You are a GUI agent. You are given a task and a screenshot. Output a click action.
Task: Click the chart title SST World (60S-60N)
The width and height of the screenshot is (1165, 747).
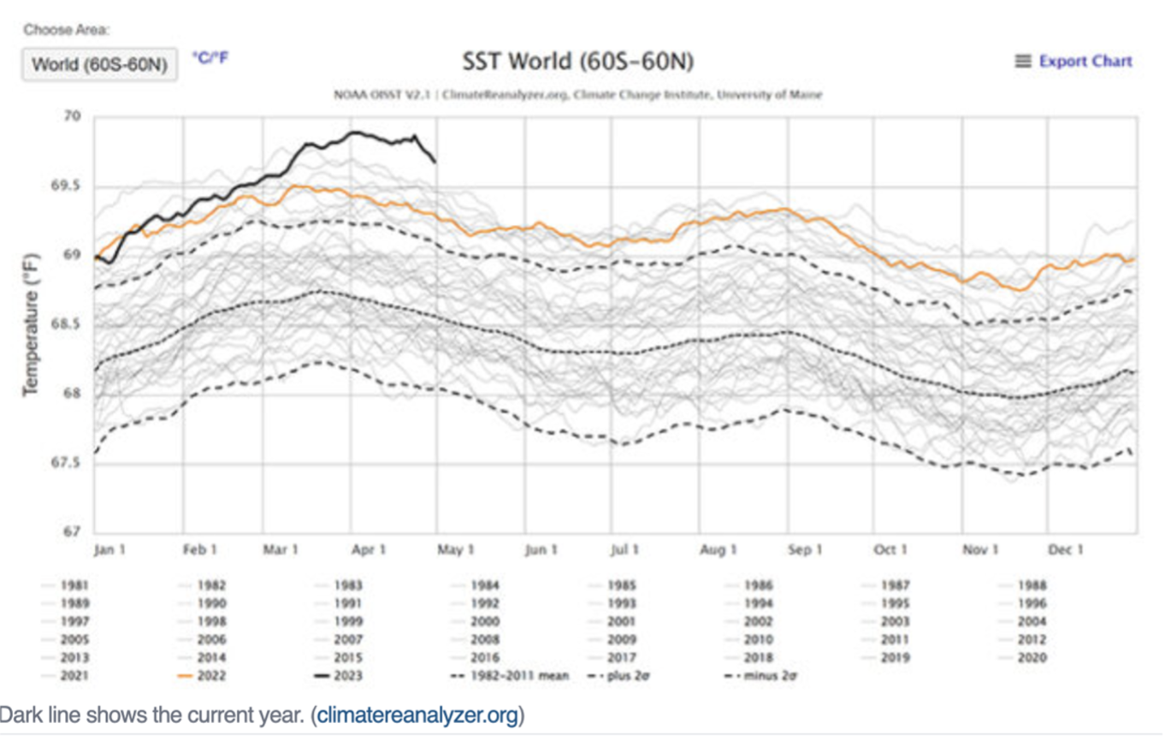577,62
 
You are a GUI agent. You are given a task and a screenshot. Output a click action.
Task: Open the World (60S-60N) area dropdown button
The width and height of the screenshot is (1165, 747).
99,65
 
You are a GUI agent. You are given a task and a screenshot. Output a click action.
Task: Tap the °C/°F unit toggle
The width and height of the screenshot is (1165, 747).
210,58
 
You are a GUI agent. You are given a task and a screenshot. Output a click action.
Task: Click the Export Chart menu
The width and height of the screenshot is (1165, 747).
1073,62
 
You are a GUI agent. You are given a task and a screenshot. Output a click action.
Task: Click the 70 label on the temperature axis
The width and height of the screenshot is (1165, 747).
74,116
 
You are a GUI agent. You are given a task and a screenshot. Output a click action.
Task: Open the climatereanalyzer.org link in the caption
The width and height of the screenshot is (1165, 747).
417,715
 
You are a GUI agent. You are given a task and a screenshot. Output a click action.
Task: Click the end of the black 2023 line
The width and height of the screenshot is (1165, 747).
435,161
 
